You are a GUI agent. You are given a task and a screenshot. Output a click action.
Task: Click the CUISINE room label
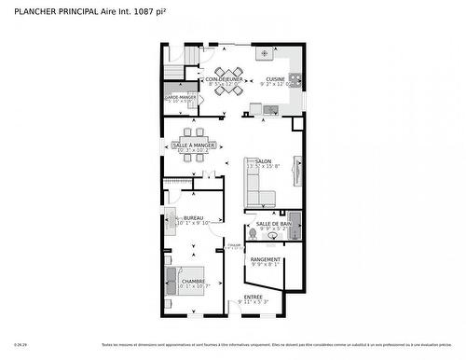(x=275, y=79)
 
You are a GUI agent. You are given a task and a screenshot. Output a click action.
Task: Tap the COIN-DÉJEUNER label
(x=224, y=79)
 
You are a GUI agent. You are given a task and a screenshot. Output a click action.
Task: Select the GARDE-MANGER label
(x=181, y=97)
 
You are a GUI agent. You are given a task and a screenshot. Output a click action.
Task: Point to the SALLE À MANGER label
(x=194, y=145)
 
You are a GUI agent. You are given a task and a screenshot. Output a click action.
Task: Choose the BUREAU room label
(x=193, y=217)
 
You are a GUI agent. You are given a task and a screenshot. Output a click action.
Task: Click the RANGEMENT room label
(x=266, y=259)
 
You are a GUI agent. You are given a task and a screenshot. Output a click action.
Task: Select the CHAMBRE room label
(x=193, y=281)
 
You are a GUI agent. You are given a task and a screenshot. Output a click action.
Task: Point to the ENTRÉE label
(x=253, y=297)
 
